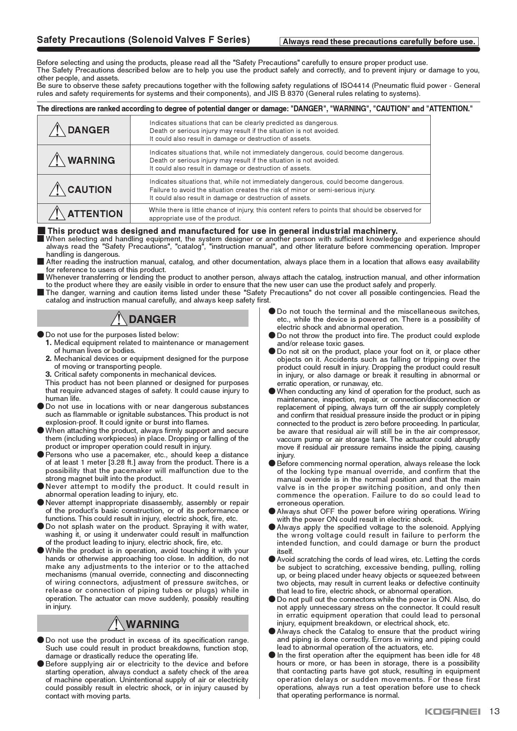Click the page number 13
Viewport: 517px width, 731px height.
coord(494,711)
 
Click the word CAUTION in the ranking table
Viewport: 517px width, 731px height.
coord(90,190)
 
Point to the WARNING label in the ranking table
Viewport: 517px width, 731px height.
coord(91,160)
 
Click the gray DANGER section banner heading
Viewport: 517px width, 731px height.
coord(143,319)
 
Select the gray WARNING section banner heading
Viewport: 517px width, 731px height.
coord(143,624)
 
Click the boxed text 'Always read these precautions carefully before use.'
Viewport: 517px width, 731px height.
coord(379,42)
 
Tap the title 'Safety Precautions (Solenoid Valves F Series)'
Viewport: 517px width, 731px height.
coord(143,40)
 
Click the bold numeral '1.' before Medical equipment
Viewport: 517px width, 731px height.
coord(49,343)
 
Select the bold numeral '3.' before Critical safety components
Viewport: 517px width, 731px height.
coord(49,374)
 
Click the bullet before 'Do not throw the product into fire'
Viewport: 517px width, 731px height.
coord(272,335)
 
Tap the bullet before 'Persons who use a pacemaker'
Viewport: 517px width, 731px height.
coord(40,455)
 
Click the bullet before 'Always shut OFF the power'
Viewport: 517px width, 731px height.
coord(272,511)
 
